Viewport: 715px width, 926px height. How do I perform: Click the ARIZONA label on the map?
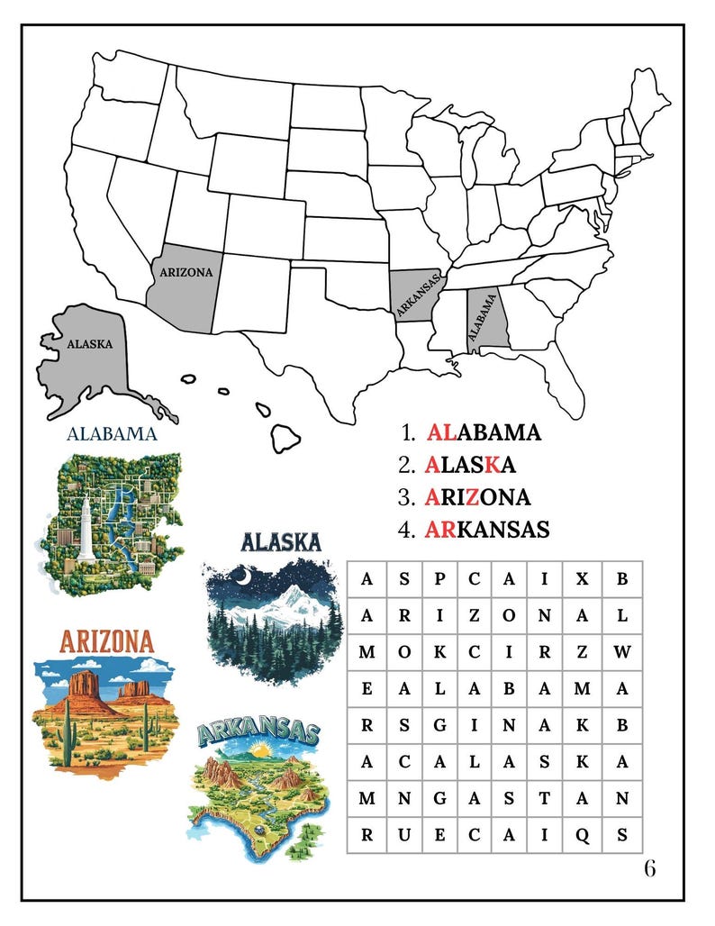[186, 271]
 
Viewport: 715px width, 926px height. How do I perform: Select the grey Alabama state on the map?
[487, 321]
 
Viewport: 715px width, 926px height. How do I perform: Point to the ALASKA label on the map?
[90, 344]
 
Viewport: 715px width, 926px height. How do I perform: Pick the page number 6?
[649, 868]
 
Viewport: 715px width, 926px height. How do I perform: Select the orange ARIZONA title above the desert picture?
[106, 642]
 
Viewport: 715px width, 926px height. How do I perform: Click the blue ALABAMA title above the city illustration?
[113, 434]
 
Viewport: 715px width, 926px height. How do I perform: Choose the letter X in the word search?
[583, 579]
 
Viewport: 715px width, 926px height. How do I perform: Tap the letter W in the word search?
[621, 652]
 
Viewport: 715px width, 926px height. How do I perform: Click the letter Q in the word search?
[583, 834]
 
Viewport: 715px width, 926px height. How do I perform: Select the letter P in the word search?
[439, 579]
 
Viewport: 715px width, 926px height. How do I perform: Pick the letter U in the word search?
[403, 834]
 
